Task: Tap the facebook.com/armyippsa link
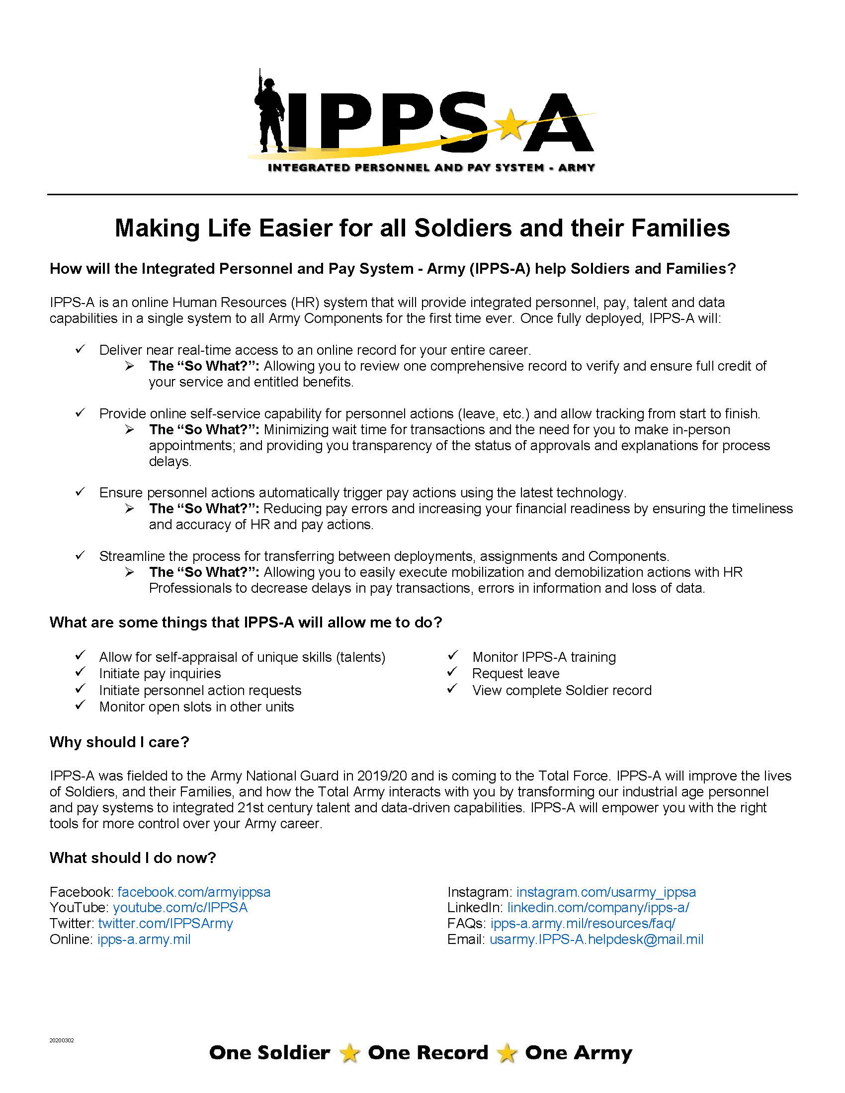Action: coord(194,892)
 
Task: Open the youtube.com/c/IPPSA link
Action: coord(180,907)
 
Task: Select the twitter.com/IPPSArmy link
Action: coord(165,923)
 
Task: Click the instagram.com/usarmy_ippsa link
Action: coord(606,892)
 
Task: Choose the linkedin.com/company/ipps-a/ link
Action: coord(597,907)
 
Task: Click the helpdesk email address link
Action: coord(596,939)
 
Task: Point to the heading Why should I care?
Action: coord(119,742)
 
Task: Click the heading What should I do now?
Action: coord(133,858)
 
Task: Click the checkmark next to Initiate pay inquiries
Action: coord(80,672)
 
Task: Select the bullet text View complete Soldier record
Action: coord(561,690)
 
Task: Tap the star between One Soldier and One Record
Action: coord(349,1053)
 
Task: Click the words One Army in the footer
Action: coord(578,1052)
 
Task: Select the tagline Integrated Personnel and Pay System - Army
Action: coord(431,167)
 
